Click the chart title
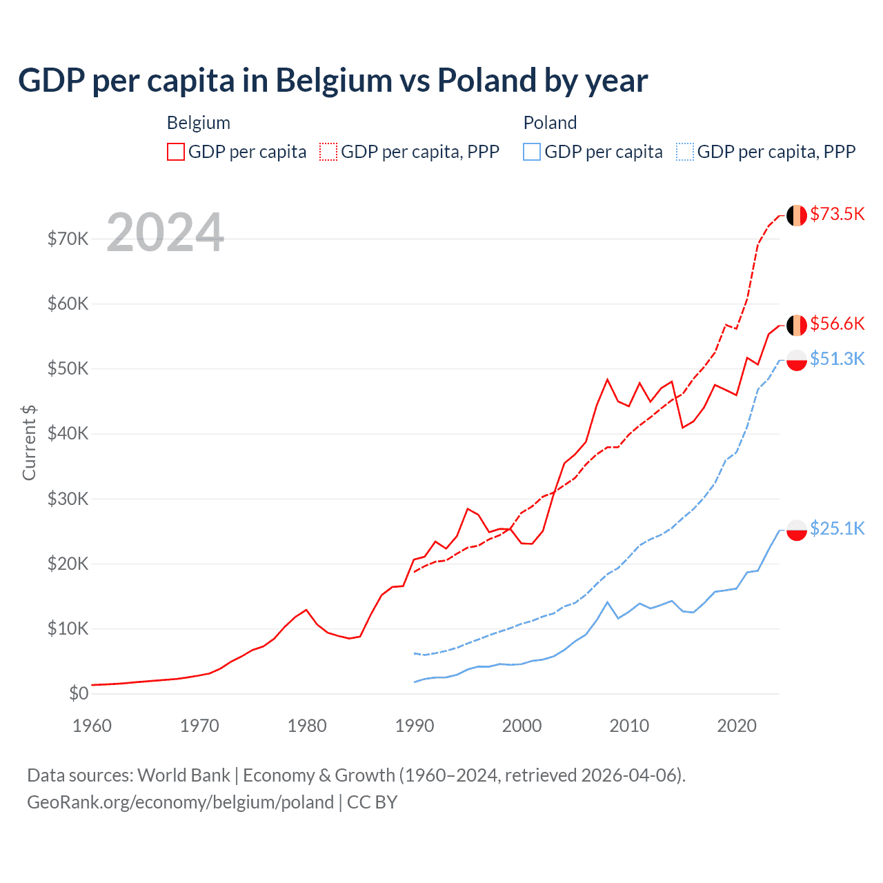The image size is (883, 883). (333, 81)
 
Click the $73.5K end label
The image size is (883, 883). (837, 215)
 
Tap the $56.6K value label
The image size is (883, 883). (837, 324)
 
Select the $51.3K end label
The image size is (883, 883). (837, 359)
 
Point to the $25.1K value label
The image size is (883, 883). (837, 528)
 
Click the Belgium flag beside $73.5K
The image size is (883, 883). (797, 215)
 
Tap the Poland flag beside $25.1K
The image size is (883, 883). (797, 530)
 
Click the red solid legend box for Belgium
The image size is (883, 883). (176, 152)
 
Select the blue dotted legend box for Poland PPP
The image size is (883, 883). (685, 152)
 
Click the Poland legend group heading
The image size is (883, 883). (550, 123)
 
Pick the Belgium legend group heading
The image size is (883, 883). (199, 123)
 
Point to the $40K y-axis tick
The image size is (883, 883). (68, 434)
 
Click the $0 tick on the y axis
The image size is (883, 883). (79, 694)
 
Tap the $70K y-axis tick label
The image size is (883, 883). (68, 239)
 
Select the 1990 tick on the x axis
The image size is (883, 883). (415, 726)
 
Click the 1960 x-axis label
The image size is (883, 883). (92, 726)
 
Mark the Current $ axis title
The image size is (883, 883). (29, 443)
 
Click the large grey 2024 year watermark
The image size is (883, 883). (166, 233)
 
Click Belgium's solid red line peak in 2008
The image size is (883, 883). (607, 379)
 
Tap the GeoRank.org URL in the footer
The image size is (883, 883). (180, 802)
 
